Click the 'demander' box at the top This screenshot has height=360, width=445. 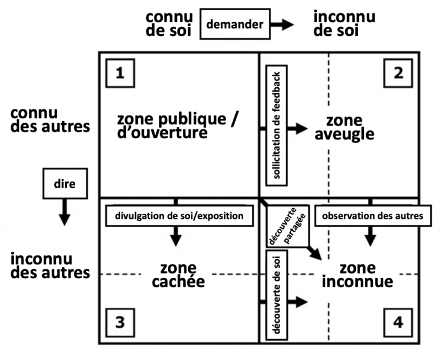point(235,24)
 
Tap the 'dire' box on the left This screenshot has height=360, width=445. point(65,183)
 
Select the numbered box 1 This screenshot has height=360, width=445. point(120,73)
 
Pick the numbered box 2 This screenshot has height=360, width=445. point(398,73)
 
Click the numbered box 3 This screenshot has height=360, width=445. point(120,323)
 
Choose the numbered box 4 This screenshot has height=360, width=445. point(398,323)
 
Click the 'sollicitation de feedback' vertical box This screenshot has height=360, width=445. point(277,126)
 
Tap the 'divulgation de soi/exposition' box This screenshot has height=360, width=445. point(179,216)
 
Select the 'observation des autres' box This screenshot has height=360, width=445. point(373,216)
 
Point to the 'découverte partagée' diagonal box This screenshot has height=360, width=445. point(287,226)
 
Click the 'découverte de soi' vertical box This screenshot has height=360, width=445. point(277,295)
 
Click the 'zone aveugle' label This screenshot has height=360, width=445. point(344,127)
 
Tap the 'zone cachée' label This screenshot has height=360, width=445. point(178,275)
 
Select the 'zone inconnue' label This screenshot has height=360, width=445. point(357,275)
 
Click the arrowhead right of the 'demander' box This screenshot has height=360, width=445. point(287,25)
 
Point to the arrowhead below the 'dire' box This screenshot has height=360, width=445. point(65,220)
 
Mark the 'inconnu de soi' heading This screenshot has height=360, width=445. point(344,24)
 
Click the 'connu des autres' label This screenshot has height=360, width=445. point(50,120)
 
